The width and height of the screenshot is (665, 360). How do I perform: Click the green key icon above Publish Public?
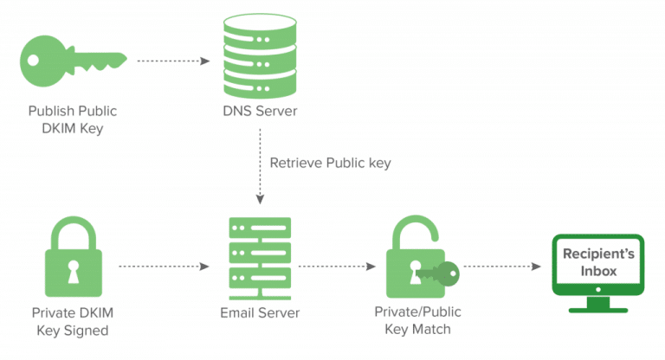pos(72,61)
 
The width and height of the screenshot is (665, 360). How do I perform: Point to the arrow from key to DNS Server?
pos(173,61)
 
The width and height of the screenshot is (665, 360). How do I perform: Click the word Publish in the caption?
pos(48,112)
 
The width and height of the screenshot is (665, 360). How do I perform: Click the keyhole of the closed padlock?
pos(72,268)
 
